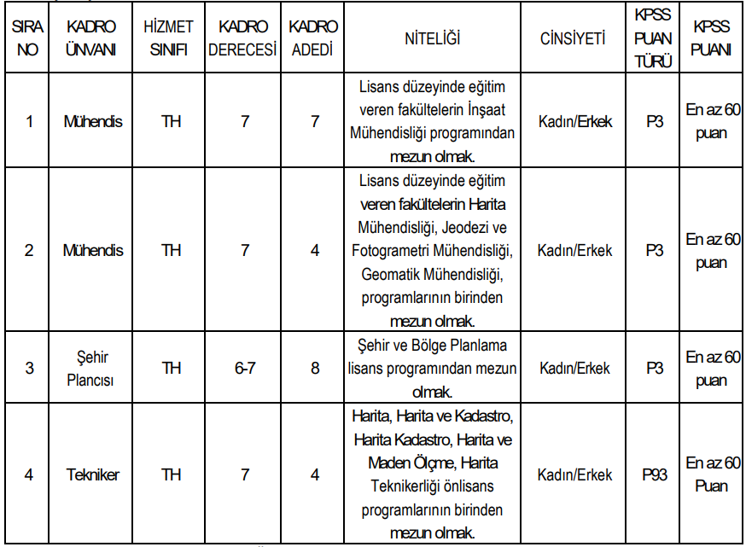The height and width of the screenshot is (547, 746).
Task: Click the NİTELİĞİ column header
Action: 433,38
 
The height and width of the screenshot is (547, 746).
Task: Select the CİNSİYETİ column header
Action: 573,38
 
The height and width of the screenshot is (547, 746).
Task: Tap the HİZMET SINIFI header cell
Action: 172,38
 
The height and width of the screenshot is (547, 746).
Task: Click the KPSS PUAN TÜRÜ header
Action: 654,38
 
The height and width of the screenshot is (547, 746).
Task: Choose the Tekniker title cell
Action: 92,475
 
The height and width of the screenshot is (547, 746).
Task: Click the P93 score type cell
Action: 654,475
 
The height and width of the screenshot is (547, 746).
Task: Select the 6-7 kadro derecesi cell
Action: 245,368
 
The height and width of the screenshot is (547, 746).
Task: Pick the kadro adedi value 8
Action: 314,368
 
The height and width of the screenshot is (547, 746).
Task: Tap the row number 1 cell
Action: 29,121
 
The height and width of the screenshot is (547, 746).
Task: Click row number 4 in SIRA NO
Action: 29,475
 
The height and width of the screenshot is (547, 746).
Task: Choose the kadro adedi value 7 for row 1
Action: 314,121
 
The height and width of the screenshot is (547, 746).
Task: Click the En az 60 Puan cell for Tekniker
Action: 712,475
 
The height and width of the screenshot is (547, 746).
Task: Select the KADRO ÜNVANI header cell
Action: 92,38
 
